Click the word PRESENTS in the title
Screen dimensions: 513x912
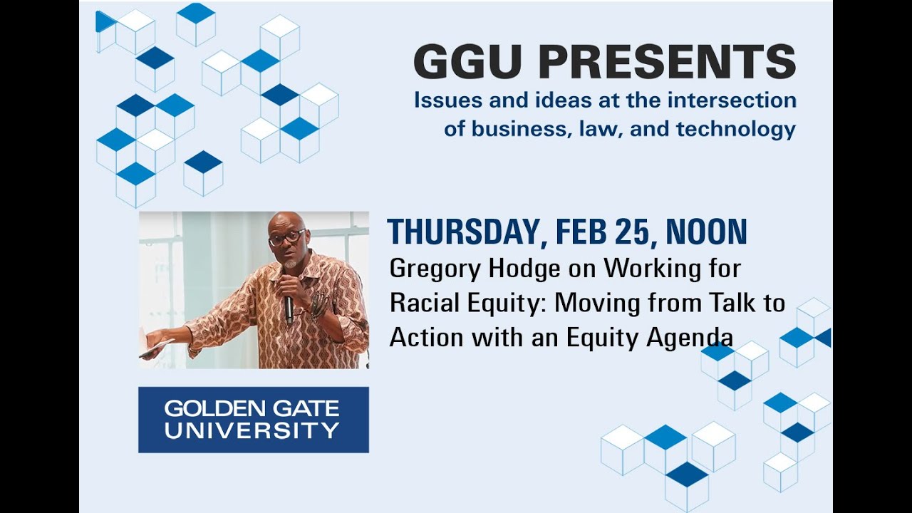click(659, 62)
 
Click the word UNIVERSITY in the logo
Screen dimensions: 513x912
click(252, 430)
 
